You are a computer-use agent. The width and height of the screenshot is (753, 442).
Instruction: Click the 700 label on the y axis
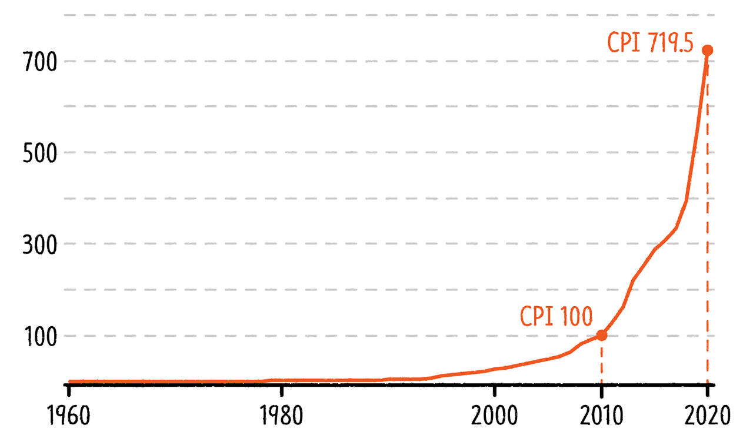tap(40, 62)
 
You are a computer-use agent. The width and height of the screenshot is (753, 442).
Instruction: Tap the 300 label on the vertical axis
tap(40, 245)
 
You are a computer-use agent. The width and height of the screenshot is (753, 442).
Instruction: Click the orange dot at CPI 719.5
tap(708, 51)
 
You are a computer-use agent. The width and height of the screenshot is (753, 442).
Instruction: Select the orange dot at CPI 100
tap(602, 335)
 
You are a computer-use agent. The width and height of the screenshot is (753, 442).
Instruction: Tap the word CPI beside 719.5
tap(624, 43)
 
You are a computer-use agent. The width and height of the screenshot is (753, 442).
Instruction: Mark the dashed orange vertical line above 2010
tap(602, 361)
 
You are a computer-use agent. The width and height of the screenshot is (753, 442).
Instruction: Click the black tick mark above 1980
tap(282, 389)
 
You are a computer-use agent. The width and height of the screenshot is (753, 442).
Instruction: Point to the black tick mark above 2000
tap(495, 389)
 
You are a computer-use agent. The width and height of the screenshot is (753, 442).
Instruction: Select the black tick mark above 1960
tap(69, 389)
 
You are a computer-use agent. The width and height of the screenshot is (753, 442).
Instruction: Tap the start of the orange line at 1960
tap(71, 381)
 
